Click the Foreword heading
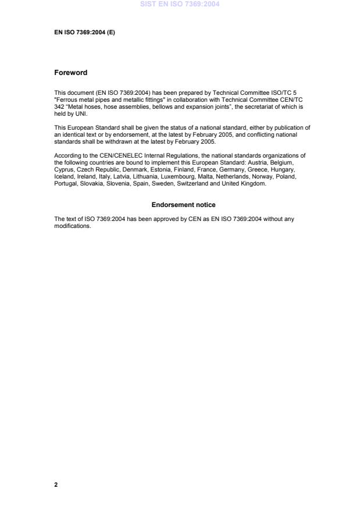coord(70,73)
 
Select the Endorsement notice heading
coord(183,205)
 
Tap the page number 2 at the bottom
coord(56,484)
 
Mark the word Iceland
coord(64,177)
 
